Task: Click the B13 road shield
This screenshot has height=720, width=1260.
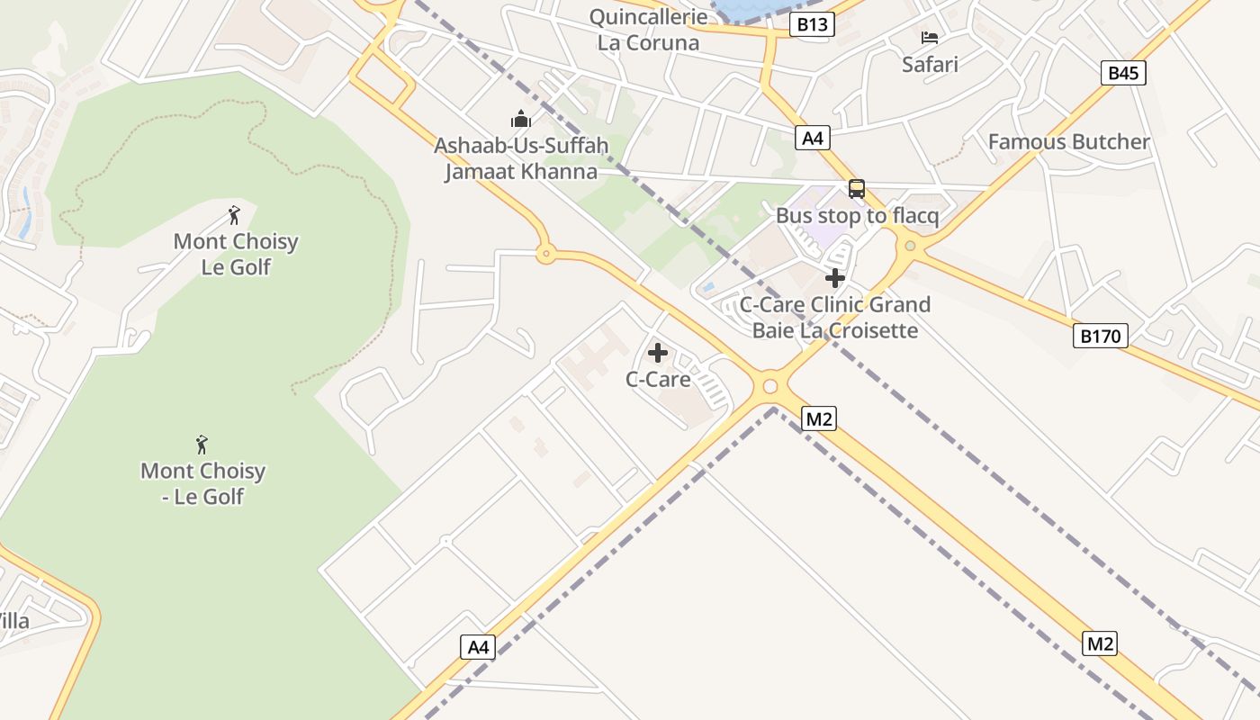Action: pyautogui.click(x=812, y=24)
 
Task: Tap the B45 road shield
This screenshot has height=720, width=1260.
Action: pyautogui.click(x=1123, y=73)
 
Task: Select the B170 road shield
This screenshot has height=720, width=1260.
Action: pyautogui.click(x=1100, y=337)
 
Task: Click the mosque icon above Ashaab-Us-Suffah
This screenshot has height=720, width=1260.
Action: pyautogui.click(x=521, y=119)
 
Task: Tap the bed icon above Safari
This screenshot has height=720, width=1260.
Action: pyautogui.click(x=930, y=38)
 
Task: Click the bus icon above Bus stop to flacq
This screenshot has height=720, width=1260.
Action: pyautogui.click(x=857, y=189)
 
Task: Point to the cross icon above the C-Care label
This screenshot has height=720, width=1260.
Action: pyautogui.click(x=658, y=353)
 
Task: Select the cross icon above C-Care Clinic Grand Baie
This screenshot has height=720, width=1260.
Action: pyautogui.click(x=835, y=278)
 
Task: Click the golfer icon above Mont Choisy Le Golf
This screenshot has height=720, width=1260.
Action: pyautogui.click(x=234, y=215)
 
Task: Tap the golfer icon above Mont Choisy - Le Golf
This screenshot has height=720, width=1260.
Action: pyautogui.click(x=202, y=445)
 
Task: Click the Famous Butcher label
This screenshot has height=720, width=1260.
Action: pyautogui.click(x=1068, y=141)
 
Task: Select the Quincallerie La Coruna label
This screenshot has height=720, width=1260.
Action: pyautogui.click(x=648, y=30)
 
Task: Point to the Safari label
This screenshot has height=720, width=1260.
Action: pyautogui.click(x=930, y=64)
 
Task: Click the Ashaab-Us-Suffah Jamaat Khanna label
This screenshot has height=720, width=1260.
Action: pyautogui.click(x=521, y=158)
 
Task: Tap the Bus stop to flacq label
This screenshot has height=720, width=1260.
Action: pyautogui.click(x=857, y=216)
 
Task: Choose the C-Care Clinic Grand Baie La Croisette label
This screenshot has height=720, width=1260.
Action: pyautogui.click(x=835, y=318)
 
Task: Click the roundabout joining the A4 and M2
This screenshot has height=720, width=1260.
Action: pyautogui.click(x=769, y=387)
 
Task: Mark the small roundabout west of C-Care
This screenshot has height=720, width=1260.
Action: pyautogui.click(x=545, y=254)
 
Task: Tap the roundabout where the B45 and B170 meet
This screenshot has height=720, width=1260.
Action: pyautogui.click(x=910, y=246)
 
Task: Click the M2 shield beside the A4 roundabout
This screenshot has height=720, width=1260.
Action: pyautogui.click(x=819, y=418)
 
